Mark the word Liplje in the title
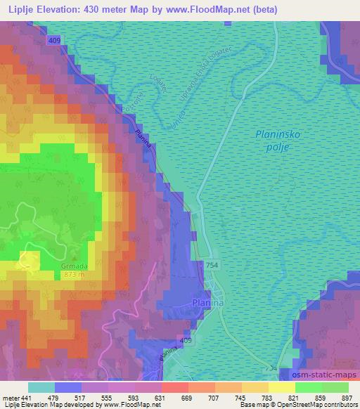22,9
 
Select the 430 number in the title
105,9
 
